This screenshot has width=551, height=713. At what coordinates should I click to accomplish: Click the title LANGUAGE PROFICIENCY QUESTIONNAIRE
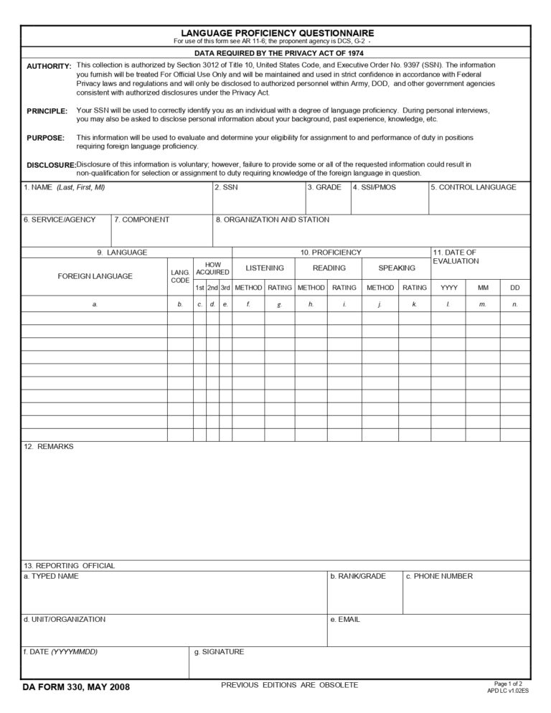(x=277, y=33)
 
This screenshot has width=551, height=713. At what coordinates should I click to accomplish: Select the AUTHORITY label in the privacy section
(x=49, y=66)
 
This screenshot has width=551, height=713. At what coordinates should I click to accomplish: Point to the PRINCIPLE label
(x=47, y=111)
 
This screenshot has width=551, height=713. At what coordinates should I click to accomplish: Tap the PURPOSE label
(x=45, y=138)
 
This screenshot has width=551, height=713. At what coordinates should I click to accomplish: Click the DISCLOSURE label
(x=51, y=165)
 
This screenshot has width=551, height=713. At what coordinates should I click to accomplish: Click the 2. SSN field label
(x=226, y=188)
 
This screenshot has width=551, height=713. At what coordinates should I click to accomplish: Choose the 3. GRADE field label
(x=324, y=188)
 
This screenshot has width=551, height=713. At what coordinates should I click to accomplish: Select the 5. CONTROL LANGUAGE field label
(x=474, y=188)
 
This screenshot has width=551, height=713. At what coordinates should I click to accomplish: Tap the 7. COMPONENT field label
(x=142, y=220)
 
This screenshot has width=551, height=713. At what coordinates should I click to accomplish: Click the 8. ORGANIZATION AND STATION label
(x=273, y=220)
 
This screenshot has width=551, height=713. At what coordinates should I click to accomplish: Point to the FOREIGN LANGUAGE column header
(x=95, y=276)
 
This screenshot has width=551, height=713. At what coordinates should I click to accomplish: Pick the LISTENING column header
(x=265, y=268)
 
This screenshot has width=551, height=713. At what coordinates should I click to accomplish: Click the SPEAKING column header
(x=397, y=268)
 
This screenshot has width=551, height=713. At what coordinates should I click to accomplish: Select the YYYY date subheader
(x=449, y=288)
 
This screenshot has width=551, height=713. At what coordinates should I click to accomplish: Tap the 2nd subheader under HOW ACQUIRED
(x=212, y=288)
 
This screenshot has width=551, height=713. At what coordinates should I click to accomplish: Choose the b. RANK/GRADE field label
(x=357, y=576)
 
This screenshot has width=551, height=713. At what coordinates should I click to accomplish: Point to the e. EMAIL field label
(x=344, y=619)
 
